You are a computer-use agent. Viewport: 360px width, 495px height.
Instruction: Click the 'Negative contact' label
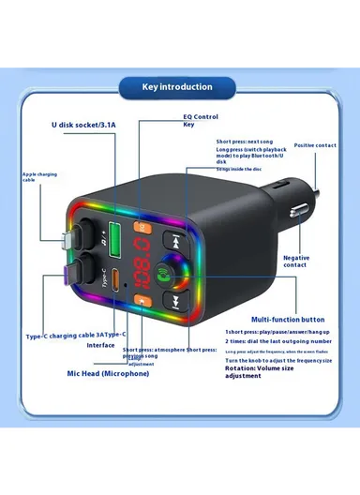tap(300, 260)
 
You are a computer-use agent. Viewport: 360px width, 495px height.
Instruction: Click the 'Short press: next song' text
tap(247, 142)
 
